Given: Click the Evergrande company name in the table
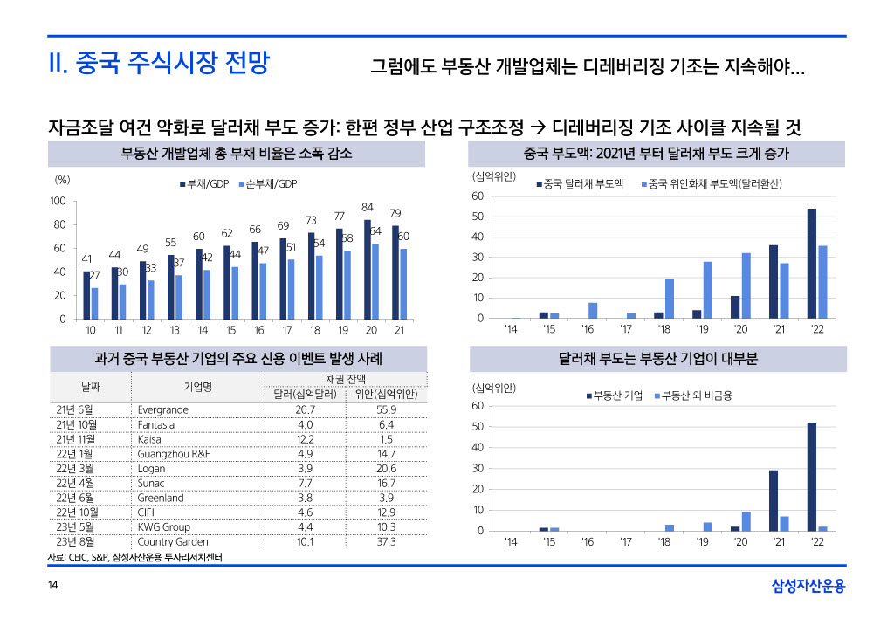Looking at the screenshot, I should pos(162,409).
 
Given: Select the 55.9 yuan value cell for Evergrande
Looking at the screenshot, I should pos(387,409).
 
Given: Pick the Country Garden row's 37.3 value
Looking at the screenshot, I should pos(387,542).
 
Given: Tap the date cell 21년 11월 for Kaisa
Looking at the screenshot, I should pos(75,439).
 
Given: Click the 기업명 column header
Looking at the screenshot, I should pos(198,387).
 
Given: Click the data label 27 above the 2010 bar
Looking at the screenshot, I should pos(95,275).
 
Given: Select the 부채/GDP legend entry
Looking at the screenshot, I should pos(203,184).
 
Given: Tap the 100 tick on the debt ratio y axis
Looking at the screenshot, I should pos(58,202).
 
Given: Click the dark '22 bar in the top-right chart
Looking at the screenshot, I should pos(812,263).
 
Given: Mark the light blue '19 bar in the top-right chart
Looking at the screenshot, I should pos(707,290).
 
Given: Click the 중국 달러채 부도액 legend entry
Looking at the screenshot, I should pos(579,184).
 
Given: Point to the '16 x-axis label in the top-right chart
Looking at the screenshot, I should pos(588,329).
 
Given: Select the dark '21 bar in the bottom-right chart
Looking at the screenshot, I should pos(774,500).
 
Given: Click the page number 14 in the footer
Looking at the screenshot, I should pos(54,585).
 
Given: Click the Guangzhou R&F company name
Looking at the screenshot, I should pos(174,454).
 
